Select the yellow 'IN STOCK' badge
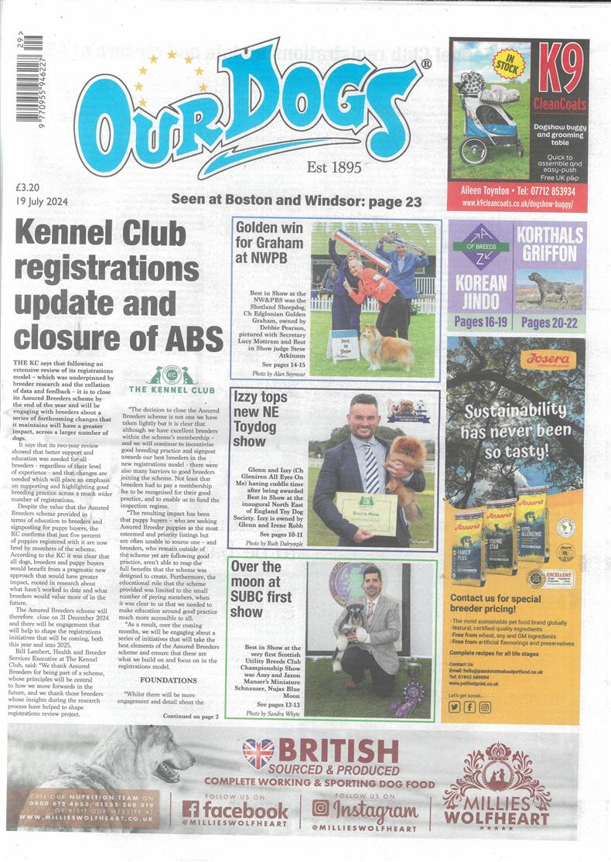(507, 63)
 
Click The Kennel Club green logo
(171, 380)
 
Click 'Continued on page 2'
(190, 717)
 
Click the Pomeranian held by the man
(404, 465)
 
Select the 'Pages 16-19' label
(480, 322)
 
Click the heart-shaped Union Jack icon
(258, 752)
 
